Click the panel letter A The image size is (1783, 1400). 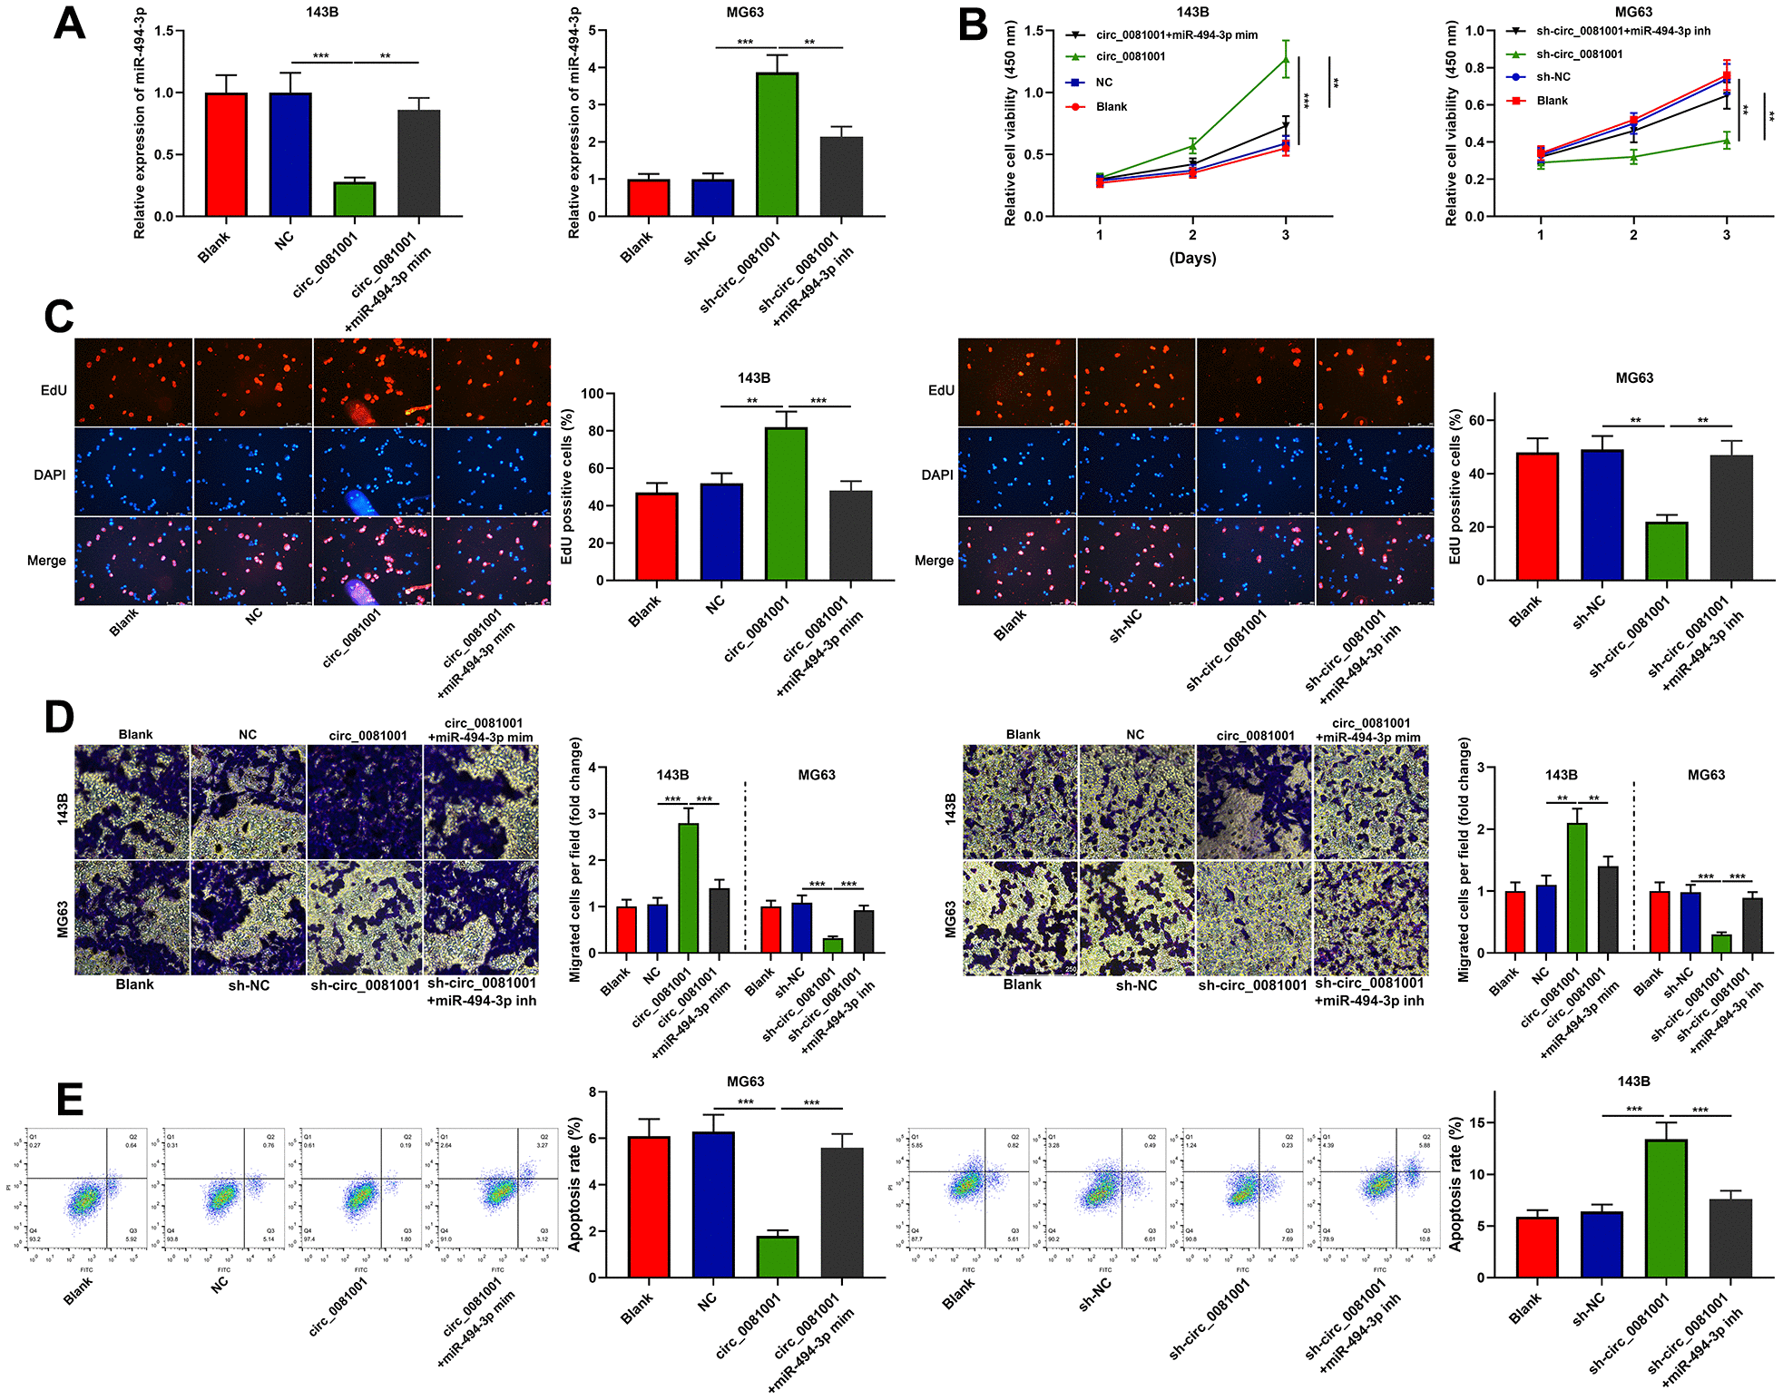(x=69, y=24)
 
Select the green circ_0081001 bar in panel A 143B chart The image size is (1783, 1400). (x=354, y=200)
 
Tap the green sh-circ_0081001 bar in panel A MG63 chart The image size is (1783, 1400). (x=777, y=145)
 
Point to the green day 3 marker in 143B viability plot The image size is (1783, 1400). (x=1285, y=60)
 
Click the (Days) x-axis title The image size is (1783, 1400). (x=1192, y=259)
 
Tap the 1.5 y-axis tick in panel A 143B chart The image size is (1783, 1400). (x=164, y=31)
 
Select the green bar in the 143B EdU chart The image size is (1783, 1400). (x=786, y=504)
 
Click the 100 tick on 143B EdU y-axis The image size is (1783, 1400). (x=592, y=394)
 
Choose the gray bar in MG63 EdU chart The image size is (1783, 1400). (x=1730, y=517)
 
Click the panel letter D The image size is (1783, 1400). (x=60, y=717)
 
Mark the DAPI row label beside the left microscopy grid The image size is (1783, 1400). (x=50, y=475)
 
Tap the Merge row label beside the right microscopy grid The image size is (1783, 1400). (x=934, y=561)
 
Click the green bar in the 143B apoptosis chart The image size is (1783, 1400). (x=1666, y=1209)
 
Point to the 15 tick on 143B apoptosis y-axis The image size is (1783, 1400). (x=1478, y=1123)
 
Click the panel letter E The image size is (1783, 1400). (x=69, y=1099)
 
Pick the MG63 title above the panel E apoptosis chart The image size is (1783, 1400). (x=745, y=1082)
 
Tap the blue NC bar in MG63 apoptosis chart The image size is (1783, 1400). (x=713, y=1204)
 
